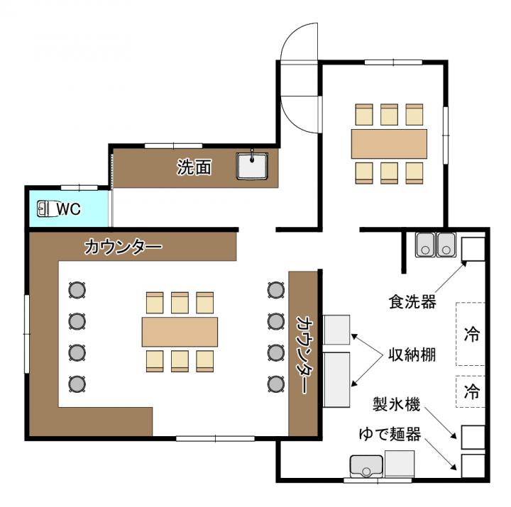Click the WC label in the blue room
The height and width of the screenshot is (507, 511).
(x=69, y=209)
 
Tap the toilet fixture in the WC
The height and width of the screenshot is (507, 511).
(x=44, y=208)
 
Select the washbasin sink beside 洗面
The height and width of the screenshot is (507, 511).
(x=252, y=166)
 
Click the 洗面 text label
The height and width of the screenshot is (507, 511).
(x=194, y=167)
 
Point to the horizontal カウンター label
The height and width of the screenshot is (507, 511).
(x=123, y=247)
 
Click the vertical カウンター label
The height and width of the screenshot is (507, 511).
(x=303, y=354)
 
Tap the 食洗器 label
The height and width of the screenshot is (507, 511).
(x=412, y=302)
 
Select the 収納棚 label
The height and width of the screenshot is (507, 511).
(x=412, y=355)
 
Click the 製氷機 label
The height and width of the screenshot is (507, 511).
(x=396, y=404)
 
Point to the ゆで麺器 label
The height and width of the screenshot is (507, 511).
(x=390, y=434)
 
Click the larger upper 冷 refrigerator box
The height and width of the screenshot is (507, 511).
(x=471, y=334)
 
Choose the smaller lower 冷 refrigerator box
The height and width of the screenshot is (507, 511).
(x=471, y=391)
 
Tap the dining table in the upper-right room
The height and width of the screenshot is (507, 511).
(x=389, y=144)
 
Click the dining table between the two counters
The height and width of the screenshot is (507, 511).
(x=180, y=332)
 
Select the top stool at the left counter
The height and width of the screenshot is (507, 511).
(x=77, y=290)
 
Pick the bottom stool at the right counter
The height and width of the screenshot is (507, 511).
(x=276, y=384)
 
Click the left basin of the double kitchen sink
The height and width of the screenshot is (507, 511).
(x=425, y=245)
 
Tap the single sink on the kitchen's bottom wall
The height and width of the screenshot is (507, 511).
(x=366, y=466)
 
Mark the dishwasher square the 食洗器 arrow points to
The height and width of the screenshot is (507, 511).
(x=473, y=249)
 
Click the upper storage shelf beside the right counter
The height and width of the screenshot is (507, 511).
(x=336, y=330)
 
